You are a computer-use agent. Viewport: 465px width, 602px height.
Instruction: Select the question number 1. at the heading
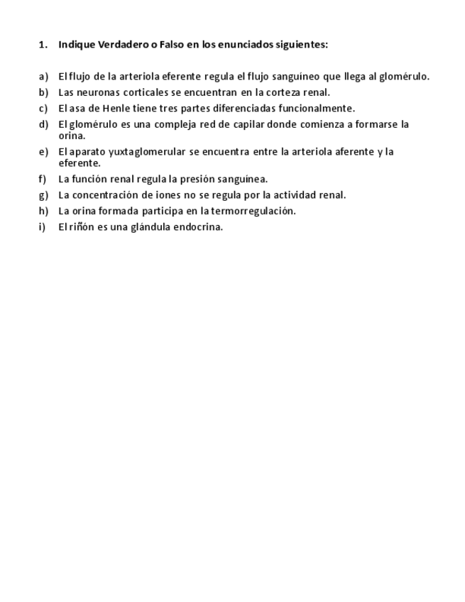43,44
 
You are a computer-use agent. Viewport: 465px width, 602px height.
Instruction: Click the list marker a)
43,77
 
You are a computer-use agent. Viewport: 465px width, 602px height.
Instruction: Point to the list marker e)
43,152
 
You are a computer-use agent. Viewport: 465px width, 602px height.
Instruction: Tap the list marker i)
42,227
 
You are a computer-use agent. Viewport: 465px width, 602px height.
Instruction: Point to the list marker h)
43,211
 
